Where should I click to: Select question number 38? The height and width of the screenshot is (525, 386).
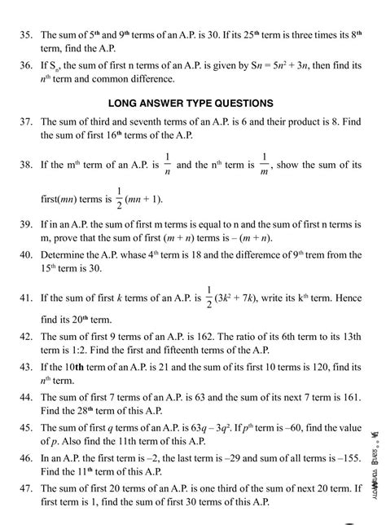(23, 165)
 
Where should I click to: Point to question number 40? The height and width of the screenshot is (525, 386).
(23, 254)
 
